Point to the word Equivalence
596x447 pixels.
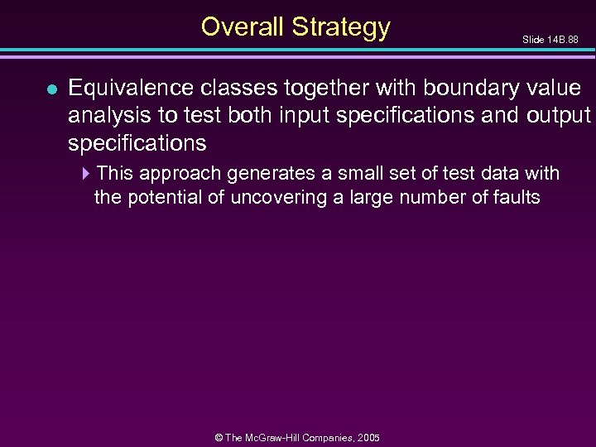pyautogui.click(x=132, y=89)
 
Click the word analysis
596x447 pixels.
pyautogui.click(x=106, y=115)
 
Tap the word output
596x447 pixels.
pyautogui.click(x=558, y=115)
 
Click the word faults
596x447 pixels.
pyautogui.click(x=512, y=198)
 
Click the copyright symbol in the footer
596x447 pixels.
pyautogui.click(x=219, y=438)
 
